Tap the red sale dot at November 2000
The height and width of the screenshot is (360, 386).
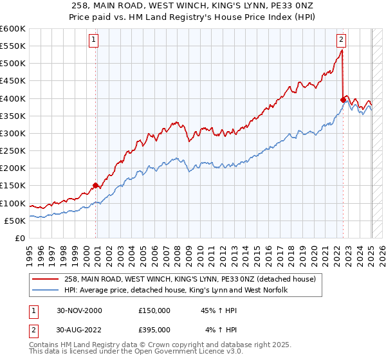(95, 186)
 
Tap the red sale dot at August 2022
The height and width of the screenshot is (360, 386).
(343, 100)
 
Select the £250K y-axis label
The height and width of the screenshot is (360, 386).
(13, 150)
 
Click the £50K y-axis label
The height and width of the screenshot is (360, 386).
(15, 221)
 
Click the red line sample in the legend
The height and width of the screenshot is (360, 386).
(45, 280)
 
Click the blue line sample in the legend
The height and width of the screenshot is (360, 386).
(45, 291)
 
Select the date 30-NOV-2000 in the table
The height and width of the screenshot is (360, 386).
(79, 310)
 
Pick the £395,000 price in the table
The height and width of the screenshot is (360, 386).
(154, 330)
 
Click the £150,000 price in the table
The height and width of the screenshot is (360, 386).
(154, 310)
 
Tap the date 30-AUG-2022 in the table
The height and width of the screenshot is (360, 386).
(79, 330)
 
